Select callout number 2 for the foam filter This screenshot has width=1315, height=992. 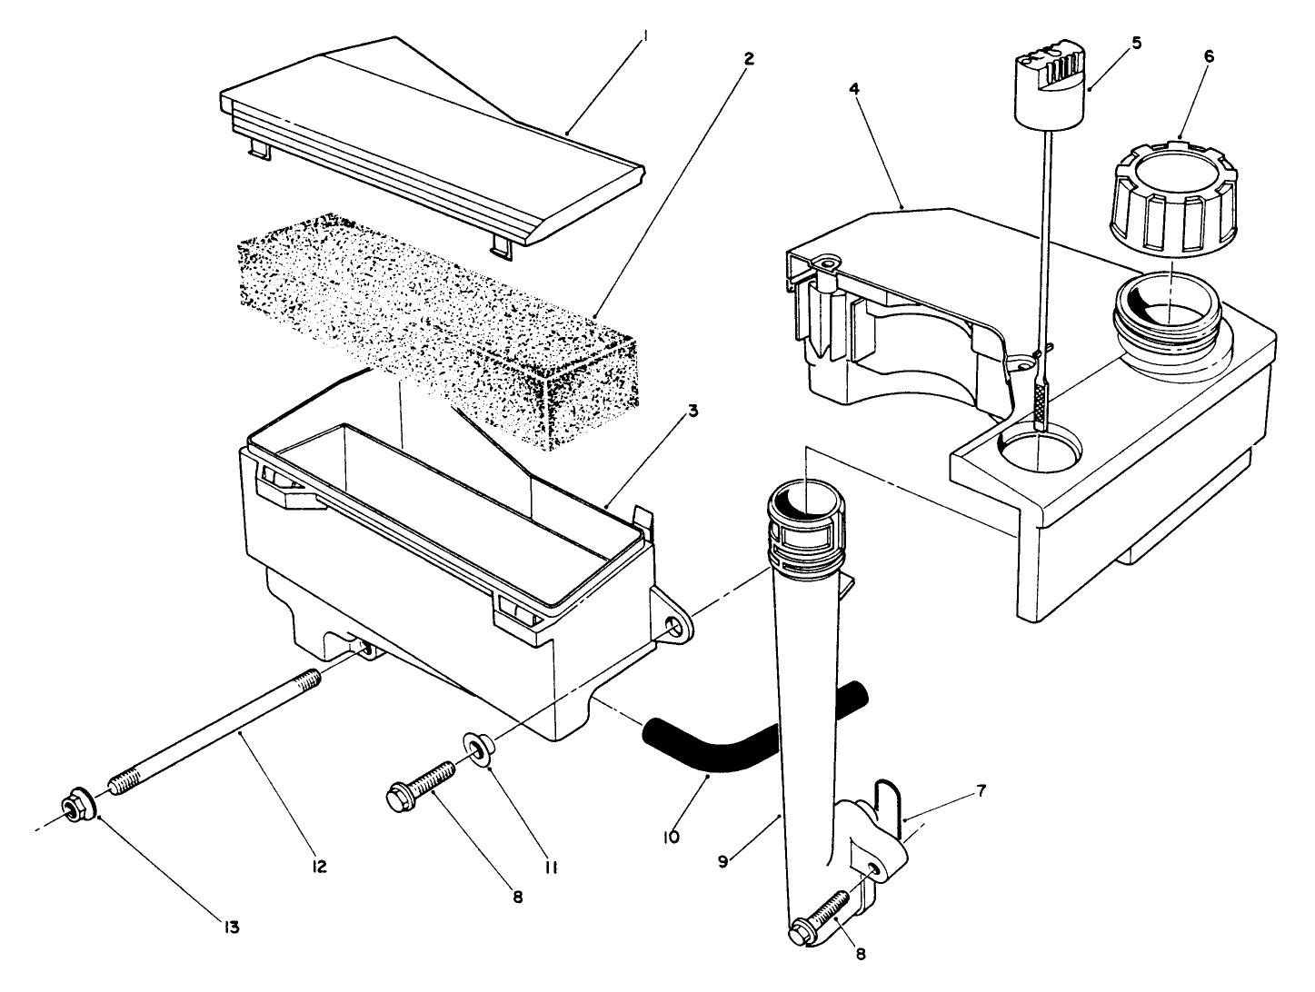(748, 58)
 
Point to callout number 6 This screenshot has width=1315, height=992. (1208, 55)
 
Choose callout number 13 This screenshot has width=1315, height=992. (232, 928)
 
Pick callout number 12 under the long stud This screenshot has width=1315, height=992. (319, 867)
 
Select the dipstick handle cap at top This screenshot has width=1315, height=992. (1048, 82)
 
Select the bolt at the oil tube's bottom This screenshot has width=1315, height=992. (822, 918)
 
